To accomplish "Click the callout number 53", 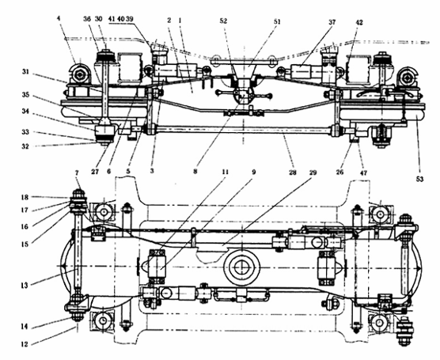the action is point(419,179).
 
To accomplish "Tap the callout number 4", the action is point(59,18).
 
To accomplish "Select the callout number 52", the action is point(223,21).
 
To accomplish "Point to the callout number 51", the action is point(277,21).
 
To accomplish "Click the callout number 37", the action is point(332,22).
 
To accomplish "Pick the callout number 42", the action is point(358,22).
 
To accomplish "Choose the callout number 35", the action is point(25,95).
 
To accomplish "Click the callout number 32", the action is point(25,146).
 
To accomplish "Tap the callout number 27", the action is point(95,172).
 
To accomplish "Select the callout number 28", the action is point(292,172).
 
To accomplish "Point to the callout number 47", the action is point(363,172).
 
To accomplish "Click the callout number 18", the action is point(25,197).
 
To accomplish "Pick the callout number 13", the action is point(25,286).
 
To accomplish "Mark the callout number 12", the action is point(25,344).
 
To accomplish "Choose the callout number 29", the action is point(313,172).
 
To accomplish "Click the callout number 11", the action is point(225,172).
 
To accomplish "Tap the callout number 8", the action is point(195,171).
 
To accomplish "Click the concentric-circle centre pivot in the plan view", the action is point(242,267).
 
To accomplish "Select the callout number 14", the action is point(25,326).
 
